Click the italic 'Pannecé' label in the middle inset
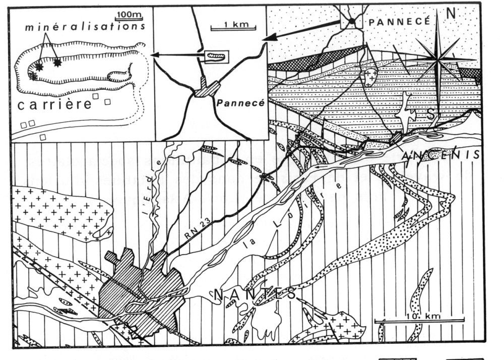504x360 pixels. tap(231, 101)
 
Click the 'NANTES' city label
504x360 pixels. tap(256, 294)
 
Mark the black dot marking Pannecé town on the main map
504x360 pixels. tap(352, 21)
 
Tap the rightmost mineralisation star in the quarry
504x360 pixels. tap(57, 63)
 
